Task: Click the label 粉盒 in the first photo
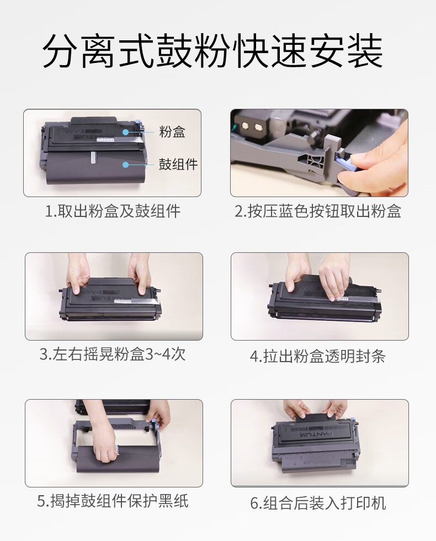click(172, 132)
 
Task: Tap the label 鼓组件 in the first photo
click(178, 164)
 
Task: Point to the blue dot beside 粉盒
click(127, 132)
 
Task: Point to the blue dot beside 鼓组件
click(127, 164)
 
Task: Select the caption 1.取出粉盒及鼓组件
click(113, 211)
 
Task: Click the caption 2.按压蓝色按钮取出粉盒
click(318, 211)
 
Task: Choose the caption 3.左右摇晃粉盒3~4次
click(112, 353)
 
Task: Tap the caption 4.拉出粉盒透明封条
click(318, 356)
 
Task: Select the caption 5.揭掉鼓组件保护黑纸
click(113, 501)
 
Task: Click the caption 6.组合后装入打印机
click(318, 503)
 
